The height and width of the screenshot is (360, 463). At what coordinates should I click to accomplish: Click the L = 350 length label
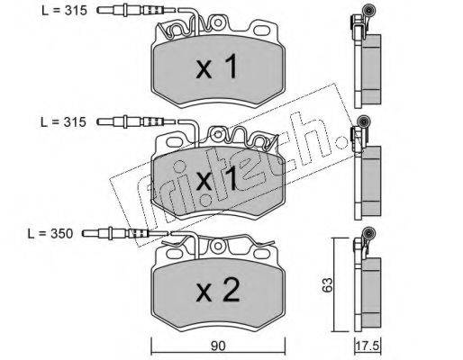tap(50, 234)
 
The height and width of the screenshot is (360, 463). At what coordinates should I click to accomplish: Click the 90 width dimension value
tap(218, 346)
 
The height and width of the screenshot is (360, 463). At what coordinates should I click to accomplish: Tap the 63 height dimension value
tap(327, 284)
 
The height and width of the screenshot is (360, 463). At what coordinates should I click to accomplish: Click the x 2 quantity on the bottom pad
tap(218, 290)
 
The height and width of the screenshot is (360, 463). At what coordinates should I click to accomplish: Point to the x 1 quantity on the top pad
tap(217, 67)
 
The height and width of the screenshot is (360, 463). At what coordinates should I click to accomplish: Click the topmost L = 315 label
tap(64, 11)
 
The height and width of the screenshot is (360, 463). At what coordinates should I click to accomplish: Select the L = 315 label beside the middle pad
tap(63, 122)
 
